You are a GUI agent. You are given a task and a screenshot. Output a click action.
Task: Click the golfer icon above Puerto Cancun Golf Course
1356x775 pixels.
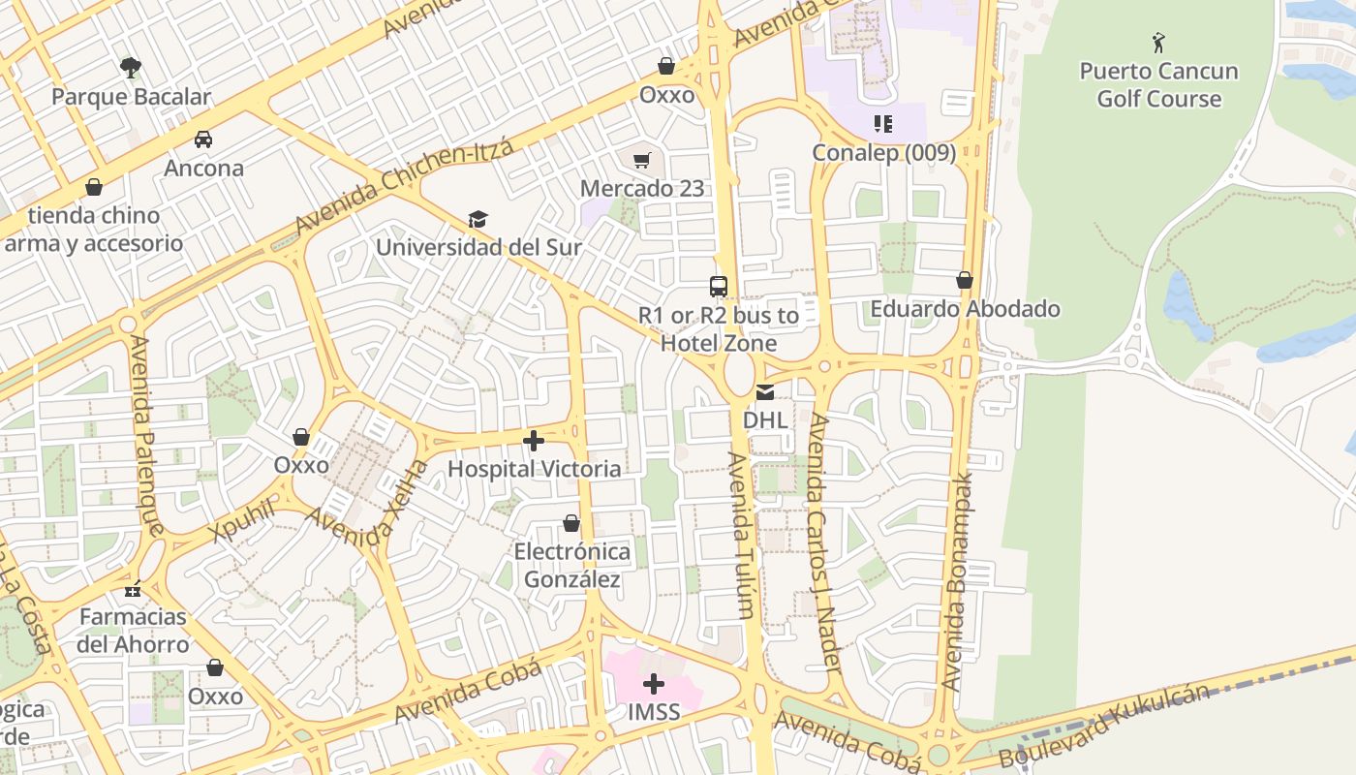1158,43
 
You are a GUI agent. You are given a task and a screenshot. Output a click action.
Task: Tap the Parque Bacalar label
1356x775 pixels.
131,97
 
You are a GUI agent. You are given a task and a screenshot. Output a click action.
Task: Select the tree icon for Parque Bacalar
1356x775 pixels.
131,67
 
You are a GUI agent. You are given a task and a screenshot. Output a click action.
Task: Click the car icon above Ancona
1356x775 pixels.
203,139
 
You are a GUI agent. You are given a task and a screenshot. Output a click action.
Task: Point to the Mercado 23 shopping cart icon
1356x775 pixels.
642,160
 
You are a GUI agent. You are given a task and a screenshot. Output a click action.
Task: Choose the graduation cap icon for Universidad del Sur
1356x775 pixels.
478,219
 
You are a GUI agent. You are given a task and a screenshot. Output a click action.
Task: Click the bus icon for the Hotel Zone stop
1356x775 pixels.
718,287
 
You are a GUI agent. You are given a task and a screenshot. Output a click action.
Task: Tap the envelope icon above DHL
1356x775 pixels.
765,392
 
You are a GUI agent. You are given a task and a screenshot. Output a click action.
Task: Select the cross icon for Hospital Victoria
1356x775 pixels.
534,442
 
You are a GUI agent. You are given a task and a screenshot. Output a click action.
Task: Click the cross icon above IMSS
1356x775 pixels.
654,685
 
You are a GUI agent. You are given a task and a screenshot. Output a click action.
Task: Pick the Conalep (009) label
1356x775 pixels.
883,152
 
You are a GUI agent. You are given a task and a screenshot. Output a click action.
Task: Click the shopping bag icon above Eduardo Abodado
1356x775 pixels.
965,281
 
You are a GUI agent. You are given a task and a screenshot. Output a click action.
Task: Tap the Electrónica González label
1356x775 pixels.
571,566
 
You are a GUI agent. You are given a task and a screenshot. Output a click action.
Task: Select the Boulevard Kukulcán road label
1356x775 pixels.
1104,727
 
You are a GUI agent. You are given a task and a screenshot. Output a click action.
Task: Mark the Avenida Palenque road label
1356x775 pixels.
146,435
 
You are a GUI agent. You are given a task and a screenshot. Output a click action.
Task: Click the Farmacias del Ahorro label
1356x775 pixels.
134,631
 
